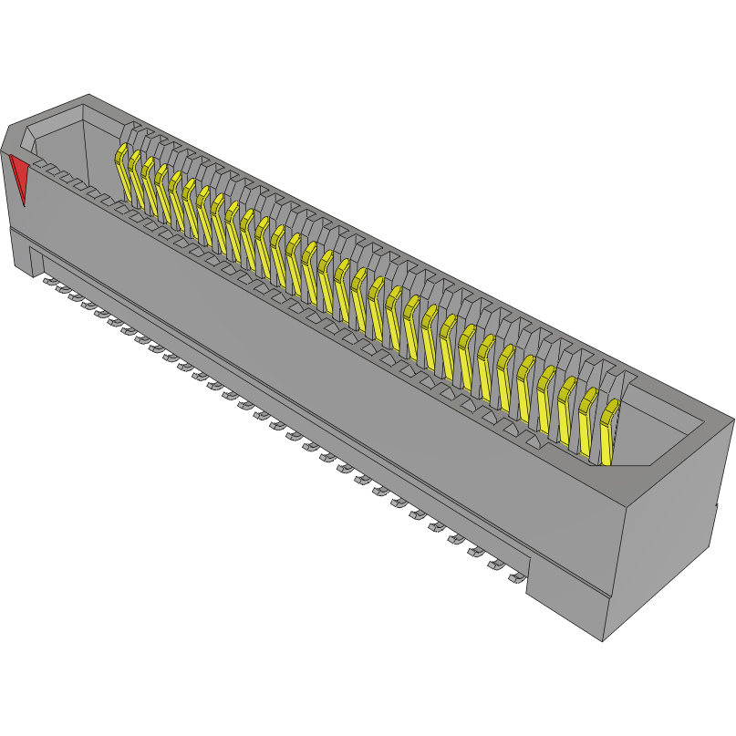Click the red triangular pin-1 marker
[x=18, y=177]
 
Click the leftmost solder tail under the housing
[x=50, y=281]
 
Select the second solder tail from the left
[x=64, y=289]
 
